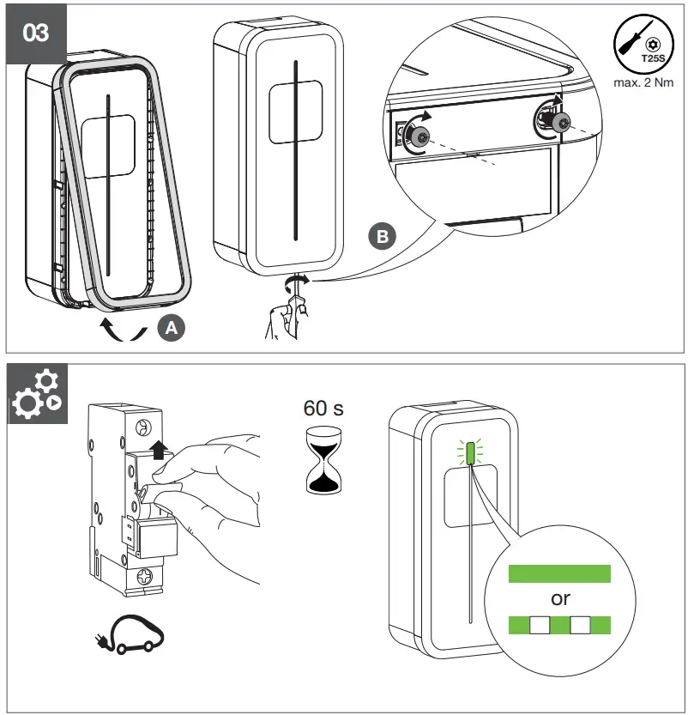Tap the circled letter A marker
(170, 327)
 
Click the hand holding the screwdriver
(283, 318)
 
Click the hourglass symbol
(324, 460)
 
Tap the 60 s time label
(324, 408)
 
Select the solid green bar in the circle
(559, 574)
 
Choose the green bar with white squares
(559, 624)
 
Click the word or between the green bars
(560, 599)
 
